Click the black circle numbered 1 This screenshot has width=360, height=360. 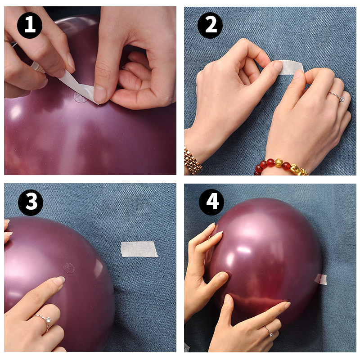[30, 25]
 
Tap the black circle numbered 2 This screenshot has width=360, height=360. [210, 25]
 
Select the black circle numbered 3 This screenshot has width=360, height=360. [31, 202]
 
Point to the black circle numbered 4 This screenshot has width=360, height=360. [211, 202]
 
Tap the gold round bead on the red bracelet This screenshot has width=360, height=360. [279, 163]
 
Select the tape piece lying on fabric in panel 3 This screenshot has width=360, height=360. [139, 249]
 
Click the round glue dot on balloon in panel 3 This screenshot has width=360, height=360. [69, 268]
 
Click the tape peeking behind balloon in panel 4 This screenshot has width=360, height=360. [321, 279]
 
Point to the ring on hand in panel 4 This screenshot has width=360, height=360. [268, 331]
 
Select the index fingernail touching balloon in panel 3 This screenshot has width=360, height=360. [60, 279]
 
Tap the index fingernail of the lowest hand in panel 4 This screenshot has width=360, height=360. [287, 305]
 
